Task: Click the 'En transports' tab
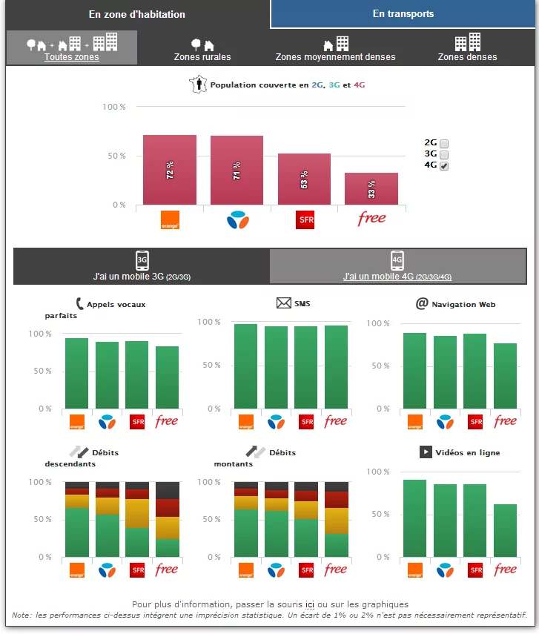tap(403, 14)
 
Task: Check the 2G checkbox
tap(444, 144)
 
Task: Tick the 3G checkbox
tap(444, 155)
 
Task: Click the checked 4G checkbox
tap(444, 166)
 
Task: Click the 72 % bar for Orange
tap(170, 171)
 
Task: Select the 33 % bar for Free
tap(371, 189)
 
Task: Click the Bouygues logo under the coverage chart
tap(237, 219)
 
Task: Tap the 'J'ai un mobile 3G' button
tap(142, 267)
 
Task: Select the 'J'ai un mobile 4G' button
tap(397, 267)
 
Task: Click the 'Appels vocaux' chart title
tap(116, 304)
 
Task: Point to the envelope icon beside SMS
tap(283, 303)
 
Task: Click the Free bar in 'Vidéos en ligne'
tap(505, 530)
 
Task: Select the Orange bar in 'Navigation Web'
tap(414, 371)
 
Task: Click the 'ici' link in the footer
tap(310, 604)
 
